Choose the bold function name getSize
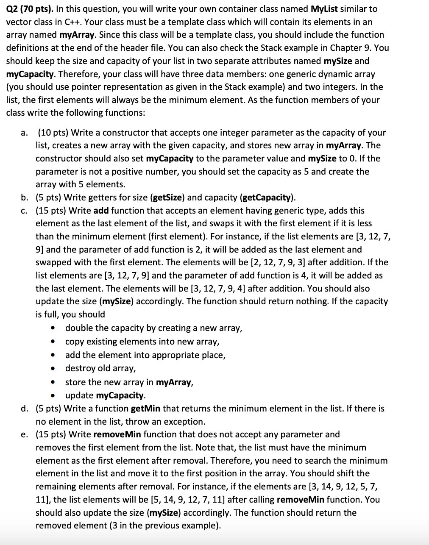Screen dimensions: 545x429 pos(168,197)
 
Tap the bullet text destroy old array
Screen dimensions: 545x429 pos(100,368)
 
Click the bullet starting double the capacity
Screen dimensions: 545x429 pos(153,328)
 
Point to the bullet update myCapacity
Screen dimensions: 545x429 pos(105,395)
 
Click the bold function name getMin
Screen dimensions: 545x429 pos(145,409)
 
